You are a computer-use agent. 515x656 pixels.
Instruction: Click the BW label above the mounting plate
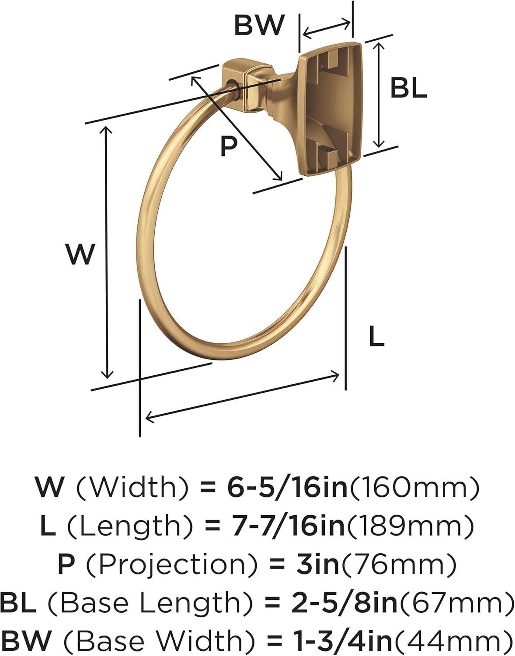coord(259,25)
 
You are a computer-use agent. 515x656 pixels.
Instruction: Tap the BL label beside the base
coord(409,87)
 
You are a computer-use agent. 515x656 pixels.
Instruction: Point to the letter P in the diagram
coord(228,146)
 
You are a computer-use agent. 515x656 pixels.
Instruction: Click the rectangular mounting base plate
coord(331,109)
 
